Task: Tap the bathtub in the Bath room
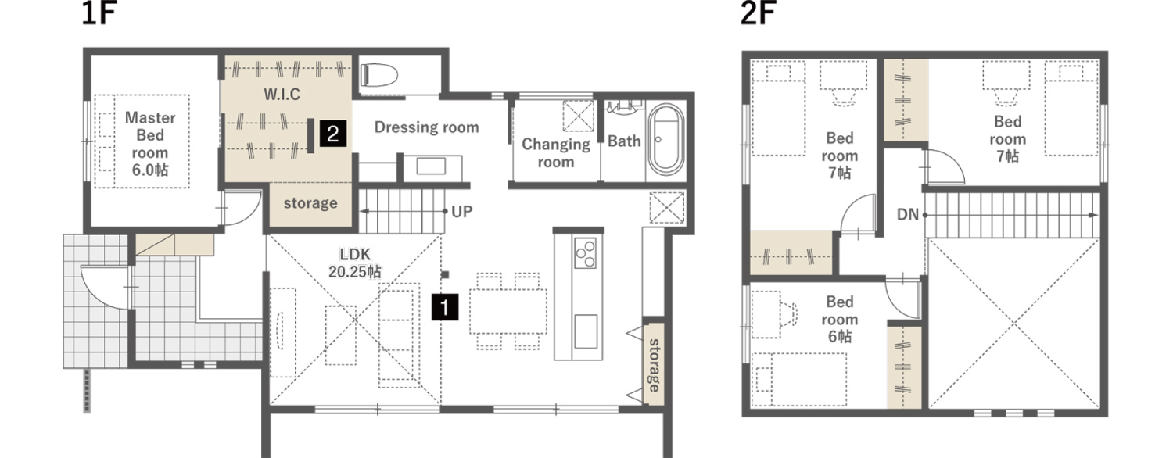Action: click(x=665, y=139)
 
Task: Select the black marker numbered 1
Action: click(x=445, y=307)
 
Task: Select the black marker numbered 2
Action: click(x=333, y=134)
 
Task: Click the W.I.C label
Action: click(x=282, y=95)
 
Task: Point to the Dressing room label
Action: click(x=426, y=127)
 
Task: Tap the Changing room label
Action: click(x=555, y=153)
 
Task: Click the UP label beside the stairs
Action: click(x=462, y=212)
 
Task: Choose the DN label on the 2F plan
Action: click(x=907, y=215)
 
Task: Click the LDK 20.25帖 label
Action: click(x=355, y=263)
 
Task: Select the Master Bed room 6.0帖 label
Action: click(x=150, y=144)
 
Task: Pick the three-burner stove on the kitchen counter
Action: click(x=586, y=252)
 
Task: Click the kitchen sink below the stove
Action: click(x=586, y=331)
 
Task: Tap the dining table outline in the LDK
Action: click(x=508, y=311)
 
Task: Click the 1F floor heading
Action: click(x=99, y=13)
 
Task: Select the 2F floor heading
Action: click(x=757, y=13)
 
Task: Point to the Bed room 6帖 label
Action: click(x=839, y=319)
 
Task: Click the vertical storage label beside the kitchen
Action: click(x=654, y=365)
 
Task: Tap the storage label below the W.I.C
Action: click(x=310, y=203)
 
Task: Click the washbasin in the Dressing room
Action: click(x=432, y=166)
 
